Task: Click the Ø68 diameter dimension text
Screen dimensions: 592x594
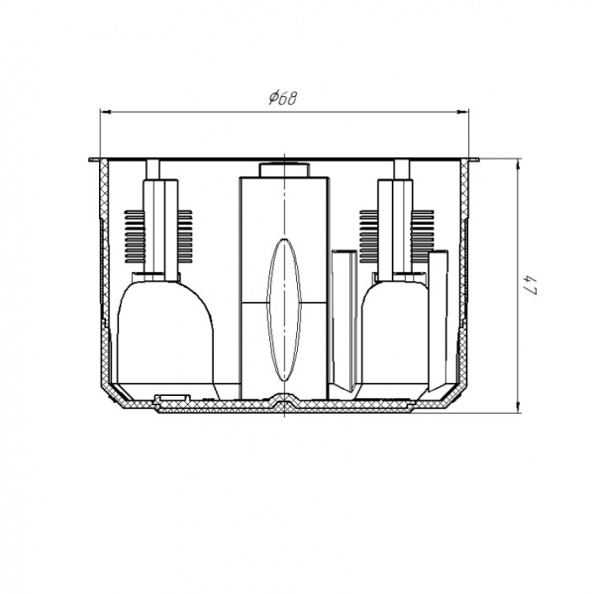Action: point(283,98)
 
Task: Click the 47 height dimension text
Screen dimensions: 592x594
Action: point(531,285)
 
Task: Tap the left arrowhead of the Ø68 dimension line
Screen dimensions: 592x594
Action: point(105,112)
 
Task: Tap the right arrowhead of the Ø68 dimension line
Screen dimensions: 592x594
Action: point(463,112)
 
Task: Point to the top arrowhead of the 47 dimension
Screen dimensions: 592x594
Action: point(518,165)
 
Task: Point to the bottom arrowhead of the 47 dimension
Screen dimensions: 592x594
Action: point(518,408)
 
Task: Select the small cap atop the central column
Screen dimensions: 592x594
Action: point(284,170)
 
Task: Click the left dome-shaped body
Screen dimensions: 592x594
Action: point(164,333)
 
